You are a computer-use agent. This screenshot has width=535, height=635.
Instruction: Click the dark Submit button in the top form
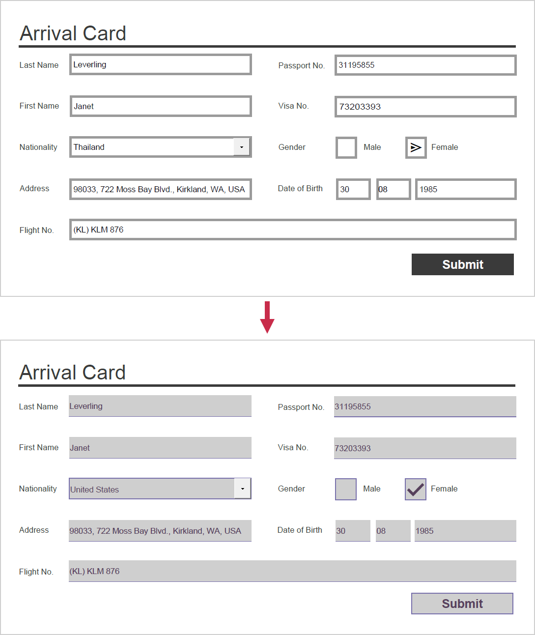pos(462,264)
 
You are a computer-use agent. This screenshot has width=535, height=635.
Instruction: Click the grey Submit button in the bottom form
pos(462,604)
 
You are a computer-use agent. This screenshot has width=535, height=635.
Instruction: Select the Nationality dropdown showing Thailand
pos(152,147)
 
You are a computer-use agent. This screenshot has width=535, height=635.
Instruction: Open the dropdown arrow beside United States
pos(242,489)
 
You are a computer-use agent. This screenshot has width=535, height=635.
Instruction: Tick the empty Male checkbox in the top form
pos(346,147)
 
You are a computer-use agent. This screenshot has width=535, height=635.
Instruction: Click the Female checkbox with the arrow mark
pos(416,147)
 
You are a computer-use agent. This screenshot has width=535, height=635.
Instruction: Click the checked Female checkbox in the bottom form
pos(415,489)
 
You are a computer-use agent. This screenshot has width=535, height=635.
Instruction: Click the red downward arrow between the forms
pos(267,317)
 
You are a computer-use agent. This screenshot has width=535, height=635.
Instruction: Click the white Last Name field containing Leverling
pos(161,64)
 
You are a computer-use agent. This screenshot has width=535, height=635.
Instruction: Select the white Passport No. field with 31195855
pos(425,65)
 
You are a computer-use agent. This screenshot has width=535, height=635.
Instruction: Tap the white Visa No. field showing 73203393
pos(425,107)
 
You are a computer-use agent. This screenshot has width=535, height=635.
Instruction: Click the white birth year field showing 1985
pos(465,189)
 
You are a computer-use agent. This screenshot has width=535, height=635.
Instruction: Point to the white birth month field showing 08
pos(393,189)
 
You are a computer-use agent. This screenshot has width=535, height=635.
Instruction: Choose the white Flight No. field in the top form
pos(293,230)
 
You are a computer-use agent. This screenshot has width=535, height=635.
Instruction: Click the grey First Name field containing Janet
pos(160,448)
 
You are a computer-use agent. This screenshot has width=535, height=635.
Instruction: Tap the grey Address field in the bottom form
pos(160,531)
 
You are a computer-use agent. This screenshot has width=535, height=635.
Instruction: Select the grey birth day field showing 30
pos(353,531)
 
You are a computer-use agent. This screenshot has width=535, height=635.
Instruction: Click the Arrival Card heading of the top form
pos(73,33)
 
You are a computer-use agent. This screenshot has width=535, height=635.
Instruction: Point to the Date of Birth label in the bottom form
pos(300,530)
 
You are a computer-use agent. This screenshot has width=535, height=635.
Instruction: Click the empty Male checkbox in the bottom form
pos(346,489)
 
